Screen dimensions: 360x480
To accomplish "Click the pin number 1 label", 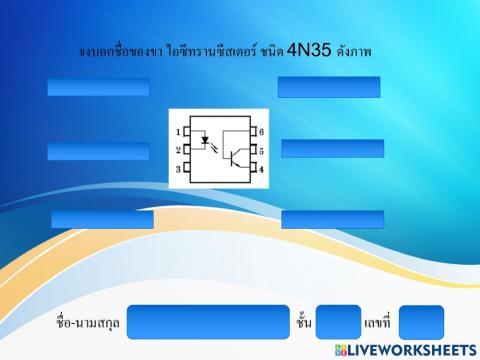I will tap(178, 132).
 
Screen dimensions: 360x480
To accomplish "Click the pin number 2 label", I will tap(178, 150).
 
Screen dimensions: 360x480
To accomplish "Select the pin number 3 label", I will tap(178, 169).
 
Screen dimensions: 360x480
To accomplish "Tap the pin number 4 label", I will tap(261, 169).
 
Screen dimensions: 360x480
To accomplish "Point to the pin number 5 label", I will tap(261, 150).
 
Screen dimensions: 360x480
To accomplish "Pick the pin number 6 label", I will tap(261, 132).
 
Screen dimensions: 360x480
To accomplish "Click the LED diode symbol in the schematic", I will tap(206, 141).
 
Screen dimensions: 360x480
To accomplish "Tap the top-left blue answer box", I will tap(98, 87).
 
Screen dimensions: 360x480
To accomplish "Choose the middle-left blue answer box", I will tap(97, 151).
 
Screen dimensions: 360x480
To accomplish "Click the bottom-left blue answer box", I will tap(102, 219).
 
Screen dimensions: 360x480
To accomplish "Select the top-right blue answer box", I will tap(329, 86).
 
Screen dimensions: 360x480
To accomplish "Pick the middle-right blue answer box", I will tap(332, 148).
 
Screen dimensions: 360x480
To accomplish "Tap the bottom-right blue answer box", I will tap(332, 219).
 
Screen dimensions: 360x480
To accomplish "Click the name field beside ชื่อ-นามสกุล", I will tap(208, 322).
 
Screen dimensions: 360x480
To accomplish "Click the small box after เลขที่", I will tap(421, 322).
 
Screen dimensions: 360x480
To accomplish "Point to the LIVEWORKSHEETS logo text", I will tap(413, 350).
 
